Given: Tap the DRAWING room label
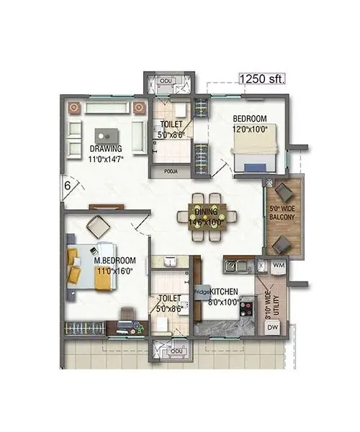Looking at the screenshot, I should click(106, 150).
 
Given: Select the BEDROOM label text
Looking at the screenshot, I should click(250, 118).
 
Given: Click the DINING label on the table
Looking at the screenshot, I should click(211, 213).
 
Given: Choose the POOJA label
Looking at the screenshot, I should click(171, 172).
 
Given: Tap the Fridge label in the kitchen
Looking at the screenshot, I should click(202, 292).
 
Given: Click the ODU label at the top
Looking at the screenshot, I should click(167, 81).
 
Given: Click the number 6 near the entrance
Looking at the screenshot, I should click(66, 185).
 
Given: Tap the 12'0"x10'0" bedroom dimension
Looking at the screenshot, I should click(250, 129).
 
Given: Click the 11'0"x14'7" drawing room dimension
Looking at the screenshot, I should click(106, 159).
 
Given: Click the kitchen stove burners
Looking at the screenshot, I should click(247, 306).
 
